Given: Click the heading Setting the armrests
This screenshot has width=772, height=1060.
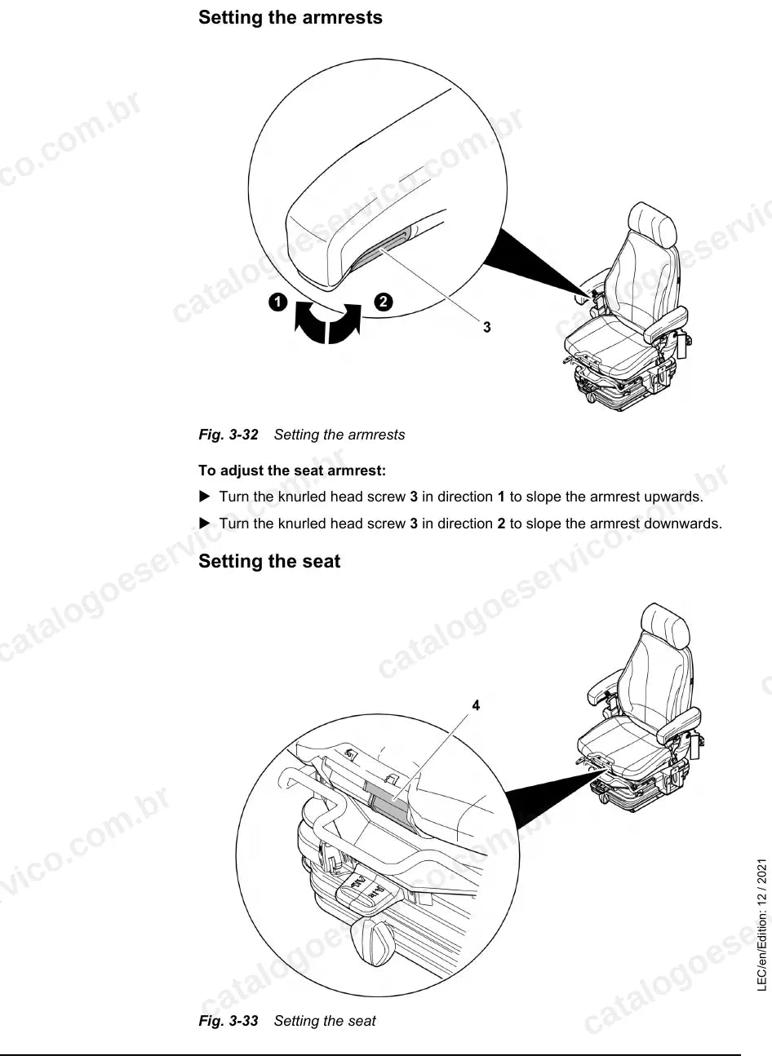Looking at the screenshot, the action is tap(290, 17).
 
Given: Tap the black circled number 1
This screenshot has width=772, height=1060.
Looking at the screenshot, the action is tap(278, 302).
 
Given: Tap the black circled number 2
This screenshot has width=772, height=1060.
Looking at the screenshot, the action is tap(384, 302).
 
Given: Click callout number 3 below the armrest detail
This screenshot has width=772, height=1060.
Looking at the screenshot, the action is tap(487, 327).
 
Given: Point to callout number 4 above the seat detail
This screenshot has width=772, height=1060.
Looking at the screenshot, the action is tap(476, 705).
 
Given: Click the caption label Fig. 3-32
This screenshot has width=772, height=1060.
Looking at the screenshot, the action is tap(228, 435).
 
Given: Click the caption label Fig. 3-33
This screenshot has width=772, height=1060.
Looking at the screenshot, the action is tap(228, 1021).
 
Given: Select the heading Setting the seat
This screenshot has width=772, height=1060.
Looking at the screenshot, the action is tap(269, 561).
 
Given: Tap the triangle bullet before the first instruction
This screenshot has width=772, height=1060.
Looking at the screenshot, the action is tap(205, 497).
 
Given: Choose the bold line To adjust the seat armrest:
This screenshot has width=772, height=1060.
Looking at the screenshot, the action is tap(292, 470).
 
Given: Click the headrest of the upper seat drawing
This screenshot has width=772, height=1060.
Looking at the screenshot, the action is tap(652, 224).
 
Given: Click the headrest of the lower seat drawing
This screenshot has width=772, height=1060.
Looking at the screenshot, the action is tap(664, 626).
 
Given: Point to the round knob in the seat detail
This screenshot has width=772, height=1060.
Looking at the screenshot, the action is tap(373, 941).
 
